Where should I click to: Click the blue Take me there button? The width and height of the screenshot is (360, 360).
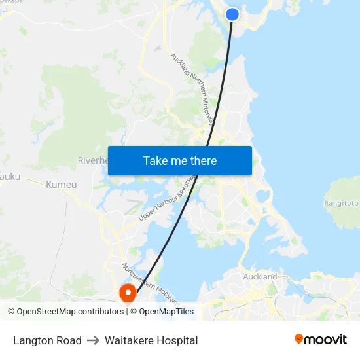[x=179, y=160]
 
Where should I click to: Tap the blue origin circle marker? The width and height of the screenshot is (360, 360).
[x=232, y=14]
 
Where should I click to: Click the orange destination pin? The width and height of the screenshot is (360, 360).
[x=127, y=292]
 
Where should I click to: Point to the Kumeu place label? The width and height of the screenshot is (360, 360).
[x=62, y=185]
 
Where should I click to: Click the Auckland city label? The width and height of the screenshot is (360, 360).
[x=260, y=276]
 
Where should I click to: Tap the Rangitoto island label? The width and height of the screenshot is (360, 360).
[x=342, y=203]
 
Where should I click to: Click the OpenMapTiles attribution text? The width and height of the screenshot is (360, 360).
[x=166, y=312]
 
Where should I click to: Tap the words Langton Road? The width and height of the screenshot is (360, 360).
[x=47, y=340]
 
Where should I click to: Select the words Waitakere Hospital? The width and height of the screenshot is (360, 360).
[x=151, y=340]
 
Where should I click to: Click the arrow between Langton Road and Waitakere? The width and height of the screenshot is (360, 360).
[x=93, y=340]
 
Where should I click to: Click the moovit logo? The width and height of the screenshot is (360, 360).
[x=320, y=340]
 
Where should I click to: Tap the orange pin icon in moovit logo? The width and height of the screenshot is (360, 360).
[x=299, y=339]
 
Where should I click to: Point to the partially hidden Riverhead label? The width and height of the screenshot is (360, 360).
[x=92, y=160]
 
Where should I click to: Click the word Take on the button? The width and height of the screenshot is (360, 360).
[x=155, y=160]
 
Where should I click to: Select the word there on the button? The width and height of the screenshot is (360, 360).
[x=202, y=160]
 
